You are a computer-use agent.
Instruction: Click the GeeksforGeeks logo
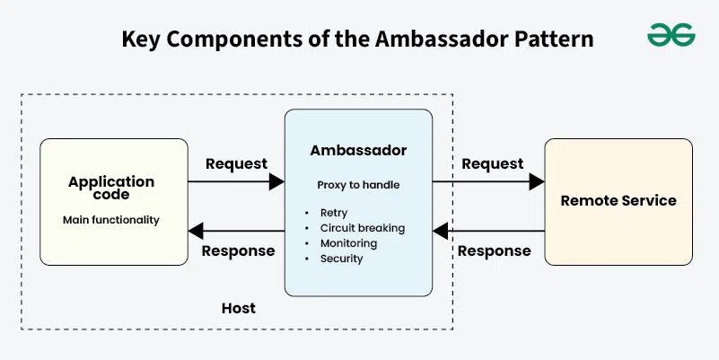[x=671, y=35]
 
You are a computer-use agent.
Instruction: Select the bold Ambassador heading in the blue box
[x=358, y=151]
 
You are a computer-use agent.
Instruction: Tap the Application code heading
[x=111, y=188]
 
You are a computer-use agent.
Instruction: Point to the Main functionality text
[x=111, y=219]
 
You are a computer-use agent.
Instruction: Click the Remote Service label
[x=618, y=201]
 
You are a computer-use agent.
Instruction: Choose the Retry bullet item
[x=333, y=213]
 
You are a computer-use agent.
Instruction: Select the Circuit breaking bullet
[x=357, y=228]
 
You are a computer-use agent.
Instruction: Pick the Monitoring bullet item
[x=348, y=243]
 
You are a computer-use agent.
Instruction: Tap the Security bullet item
[x=341, y=259]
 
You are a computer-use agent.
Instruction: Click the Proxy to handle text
[x=358, y=185]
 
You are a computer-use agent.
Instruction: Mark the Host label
[x=239, y=308]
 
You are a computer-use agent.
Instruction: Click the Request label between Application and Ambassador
[x=236, y=163]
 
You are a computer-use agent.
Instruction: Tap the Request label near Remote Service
[x=492, y=163]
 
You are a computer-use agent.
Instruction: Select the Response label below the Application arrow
[x=238, y=250]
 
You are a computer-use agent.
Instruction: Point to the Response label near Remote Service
[x=495, y=250]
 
